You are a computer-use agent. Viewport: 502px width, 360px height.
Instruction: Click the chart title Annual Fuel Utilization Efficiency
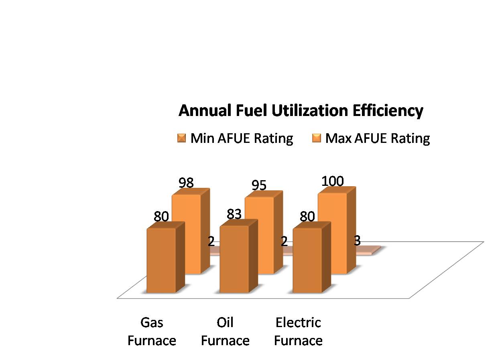301,110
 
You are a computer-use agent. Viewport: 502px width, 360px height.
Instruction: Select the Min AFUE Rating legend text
242,138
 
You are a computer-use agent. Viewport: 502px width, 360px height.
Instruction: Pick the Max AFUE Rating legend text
378,138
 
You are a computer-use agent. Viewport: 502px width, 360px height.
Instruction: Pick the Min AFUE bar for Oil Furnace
234,259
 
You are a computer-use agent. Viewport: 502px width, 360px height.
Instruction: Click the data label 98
186,183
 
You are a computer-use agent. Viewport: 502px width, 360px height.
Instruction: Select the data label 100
333,181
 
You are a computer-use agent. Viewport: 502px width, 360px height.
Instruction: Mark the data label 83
234,214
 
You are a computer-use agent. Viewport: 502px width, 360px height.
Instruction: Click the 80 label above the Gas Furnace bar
161,217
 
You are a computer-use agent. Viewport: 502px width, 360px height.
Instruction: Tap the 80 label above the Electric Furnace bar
307,217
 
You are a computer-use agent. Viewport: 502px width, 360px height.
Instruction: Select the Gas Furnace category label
152,332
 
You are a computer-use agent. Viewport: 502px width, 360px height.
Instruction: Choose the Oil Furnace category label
225,332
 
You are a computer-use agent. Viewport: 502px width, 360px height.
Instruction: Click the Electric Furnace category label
298,332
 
